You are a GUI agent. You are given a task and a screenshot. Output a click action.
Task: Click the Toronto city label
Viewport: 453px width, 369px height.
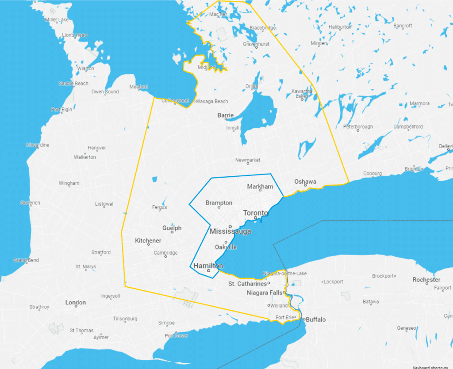tap(255, 213)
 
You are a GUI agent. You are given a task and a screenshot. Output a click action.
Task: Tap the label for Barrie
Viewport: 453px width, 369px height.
tap(225, 115)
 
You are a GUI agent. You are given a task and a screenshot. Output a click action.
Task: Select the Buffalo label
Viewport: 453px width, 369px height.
tap(316, 320)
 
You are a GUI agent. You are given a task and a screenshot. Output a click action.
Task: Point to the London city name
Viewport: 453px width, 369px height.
tap(75, 303)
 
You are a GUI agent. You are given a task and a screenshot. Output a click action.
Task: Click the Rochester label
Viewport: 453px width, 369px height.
tap(426, 280)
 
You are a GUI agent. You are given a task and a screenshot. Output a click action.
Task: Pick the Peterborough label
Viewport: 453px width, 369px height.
tap(358, 127)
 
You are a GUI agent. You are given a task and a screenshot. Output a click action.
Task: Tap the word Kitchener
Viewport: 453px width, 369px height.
tap(148, 241)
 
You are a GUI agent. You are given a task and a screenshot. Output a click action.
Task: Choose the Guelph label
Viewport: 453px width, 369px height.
tap(172, 228)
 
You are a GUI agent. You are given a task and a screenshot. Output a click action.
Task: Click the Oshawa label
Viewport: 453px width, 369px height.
tap(305, 182)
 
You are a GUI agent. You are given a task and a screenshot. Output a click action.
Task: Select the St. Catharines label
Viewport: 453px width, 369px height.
tap(247, 284)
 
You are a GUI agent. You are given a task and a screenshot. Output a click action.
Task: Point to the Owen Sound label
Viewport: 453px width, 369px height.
tap(105, 92)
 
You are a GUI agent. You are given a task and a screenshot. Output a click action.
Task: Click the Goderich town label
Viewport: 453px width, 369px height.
tap(30, 203)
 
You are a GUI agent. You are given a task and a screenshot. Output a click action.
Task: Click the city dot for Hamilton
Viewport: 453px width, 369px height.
tap(208, 270)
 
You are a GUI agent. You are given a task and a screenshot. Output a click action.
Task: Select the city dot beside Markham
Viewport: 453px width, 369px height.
tap(260, 190)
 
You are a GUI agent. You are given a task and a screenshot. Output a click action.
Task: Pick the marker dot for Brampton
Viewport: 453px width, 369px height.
tap(219, 207)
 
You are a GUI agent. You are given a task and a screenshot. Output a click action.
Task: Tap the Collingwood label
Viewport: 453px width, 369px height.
tap(175, 101)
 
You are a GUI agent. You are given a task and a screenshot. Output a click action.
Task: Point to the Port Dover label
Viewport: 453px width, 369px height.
tap(176, 335)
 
